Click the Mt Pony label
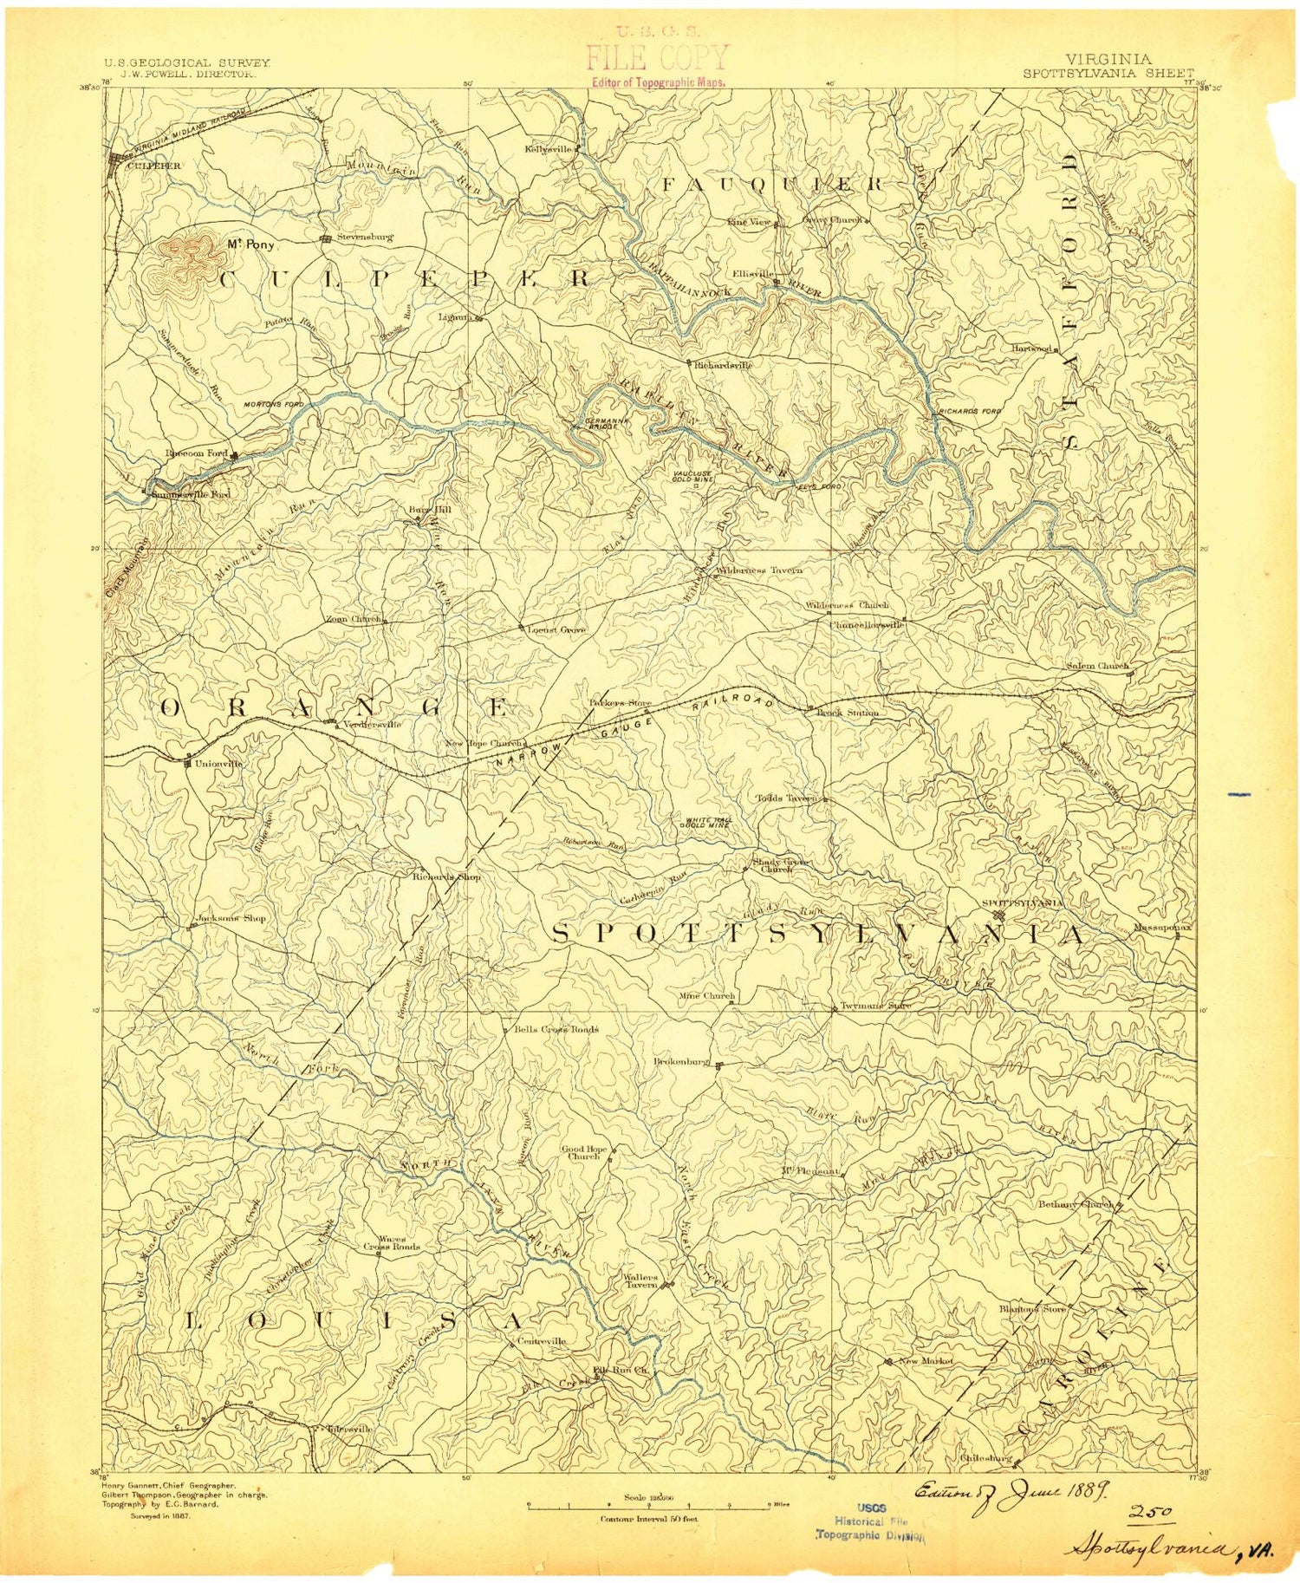tap(250, 244)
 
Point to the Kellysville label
tap(549, 148)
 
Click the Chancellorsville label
tap(867, 624)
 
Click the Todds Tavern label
tap(787, 798)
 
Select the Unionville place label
tap(218, 764)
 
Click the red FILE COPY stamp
tap(658, 59)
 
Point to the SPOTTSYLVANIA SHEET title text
tap(1108, 74)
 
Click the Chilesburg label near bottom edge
tap(985, 1458)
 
